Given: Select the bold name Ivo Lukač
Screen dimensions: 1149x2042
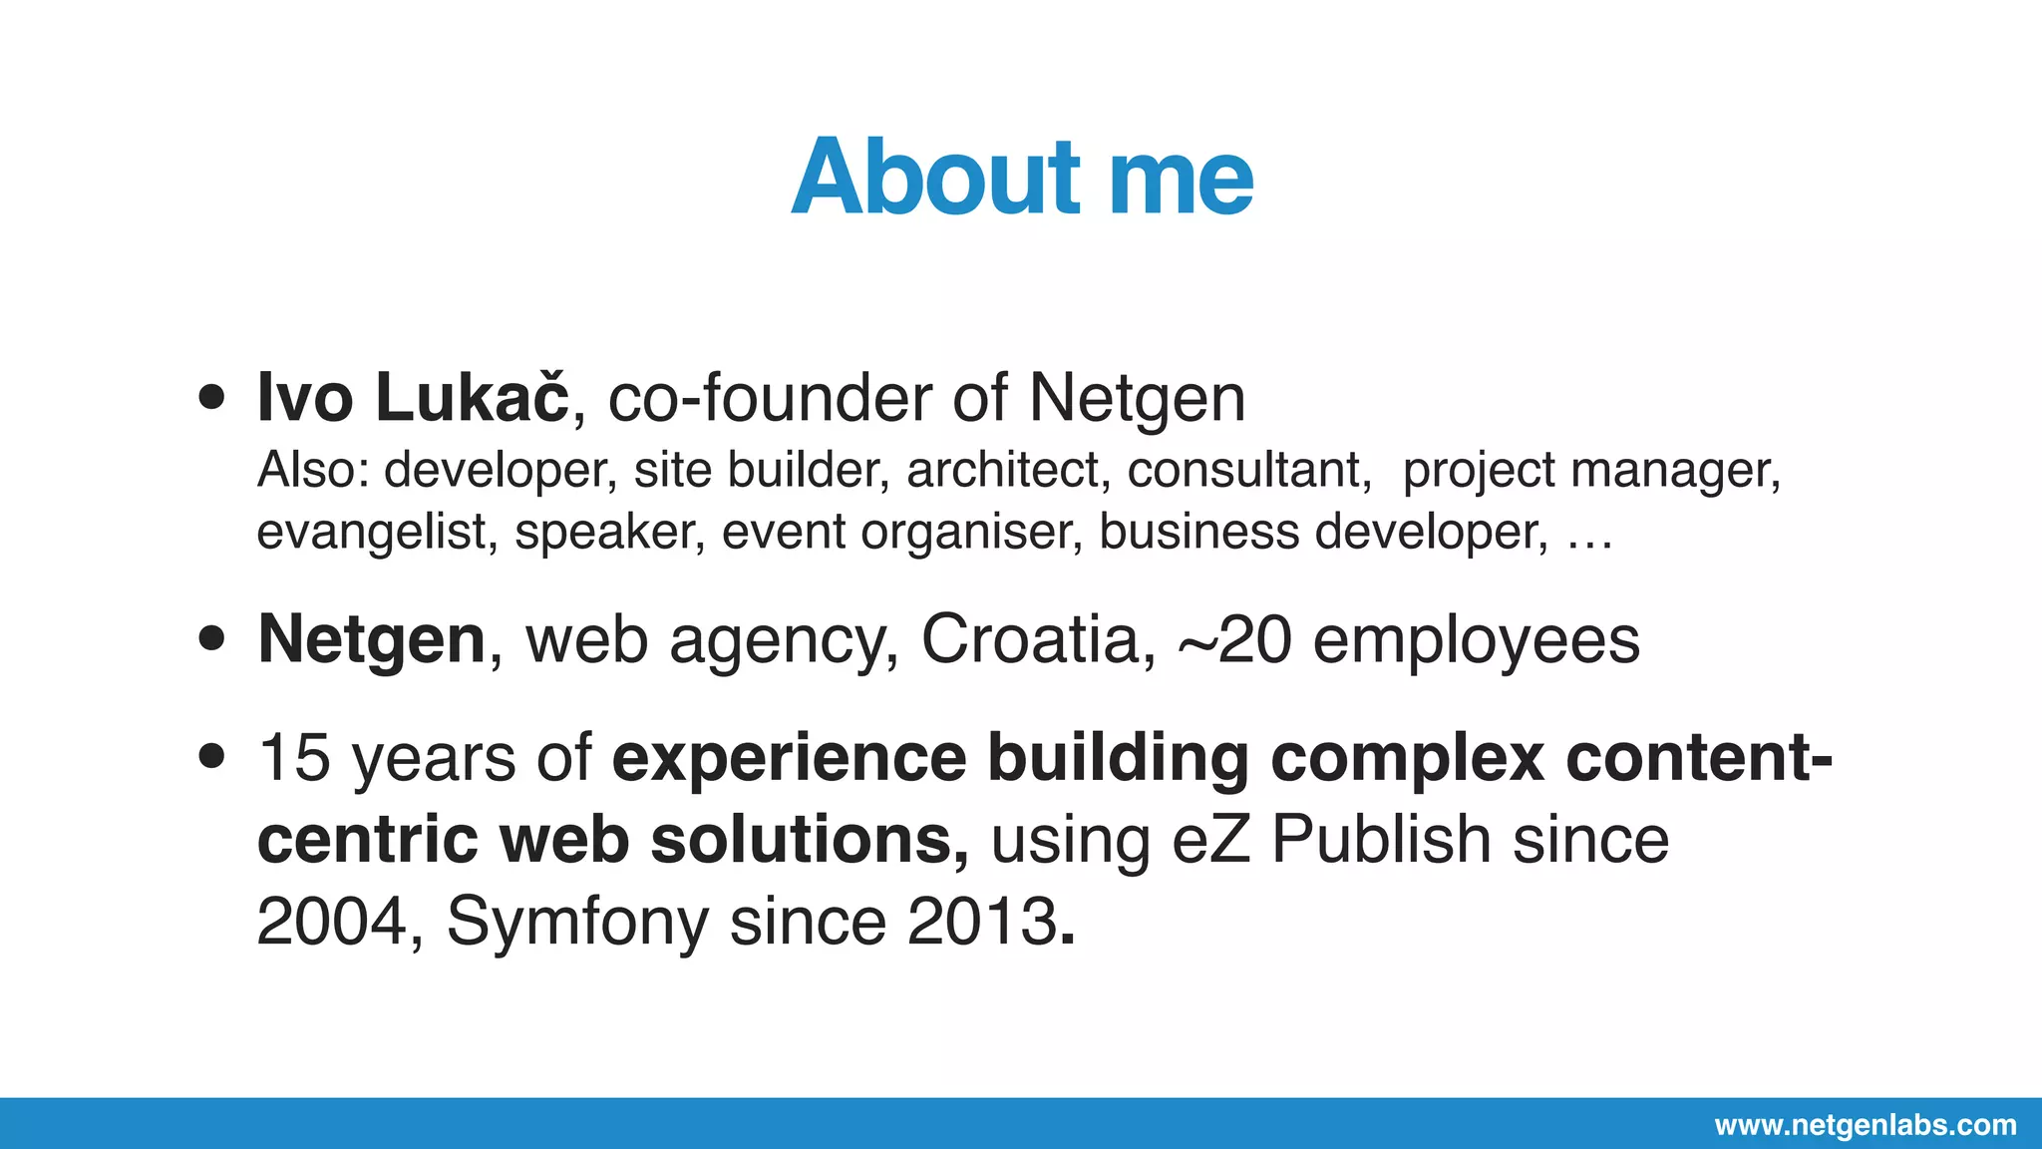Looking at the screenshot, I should (x=412, y=398).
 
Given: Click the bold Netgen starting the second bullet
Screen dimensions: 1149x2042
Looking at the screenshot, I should (x=371, y=639).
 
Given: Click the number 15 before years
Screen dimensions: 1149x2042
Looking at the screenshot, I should (x=293, y=757).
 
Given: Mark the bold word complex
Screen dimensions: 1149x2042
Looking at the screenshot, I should (x=1407, y=759).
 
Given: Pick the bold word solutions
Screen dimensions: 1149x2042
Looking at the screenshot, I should (x=809, y=839).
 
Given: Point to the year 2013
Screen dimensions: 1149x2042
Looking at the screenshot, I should (x=982, y=921).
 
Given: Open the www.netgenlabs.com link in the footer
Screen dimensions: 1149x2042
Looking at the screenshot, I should (x=1866, y=1125).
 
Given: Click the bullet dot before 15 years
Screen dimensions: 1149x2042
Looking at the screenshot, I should (x=211, y=756).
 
